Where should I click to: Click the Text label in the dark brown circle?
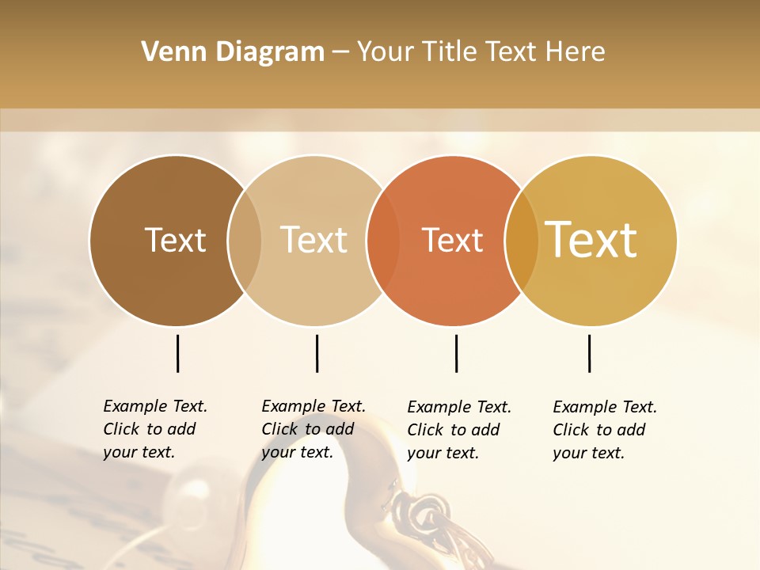175,240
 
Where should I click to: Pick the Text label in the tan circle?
313,240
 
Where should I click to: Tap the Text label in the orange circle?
452,240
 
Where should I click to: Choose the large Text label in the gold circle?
591,240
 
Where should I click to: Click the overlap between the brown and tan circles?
245,241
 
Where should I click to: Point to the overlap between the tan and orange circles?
383,241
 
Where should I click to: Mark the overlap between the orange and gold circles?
522,241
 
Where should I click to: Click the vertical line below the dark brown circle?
177,353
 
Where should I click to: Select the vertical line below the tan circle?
317,353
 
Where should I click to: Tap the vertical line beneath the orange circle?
456,353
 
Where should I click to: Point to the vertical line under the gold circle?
589,353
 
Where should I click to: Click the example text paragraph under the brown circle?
154,429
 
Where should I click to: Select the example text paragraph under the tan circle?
313,429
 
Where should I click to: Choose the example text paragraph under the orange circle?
458,430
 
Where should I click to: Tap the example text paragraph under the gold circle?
604,430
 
